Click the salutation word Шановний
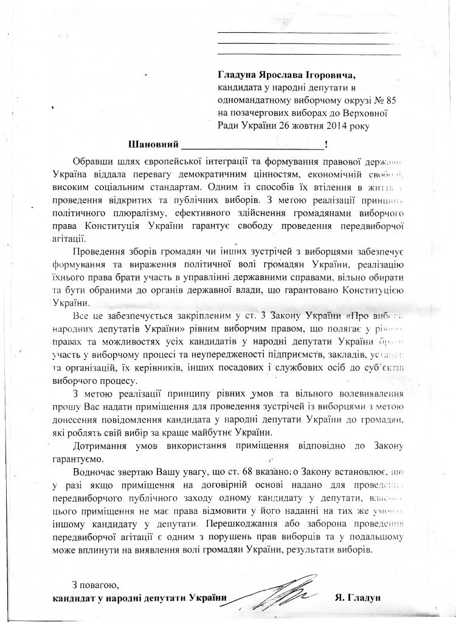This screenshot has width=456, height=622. click(x=153, y=145)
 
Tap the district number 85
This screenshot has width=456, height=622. click(x=381, y=100)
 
